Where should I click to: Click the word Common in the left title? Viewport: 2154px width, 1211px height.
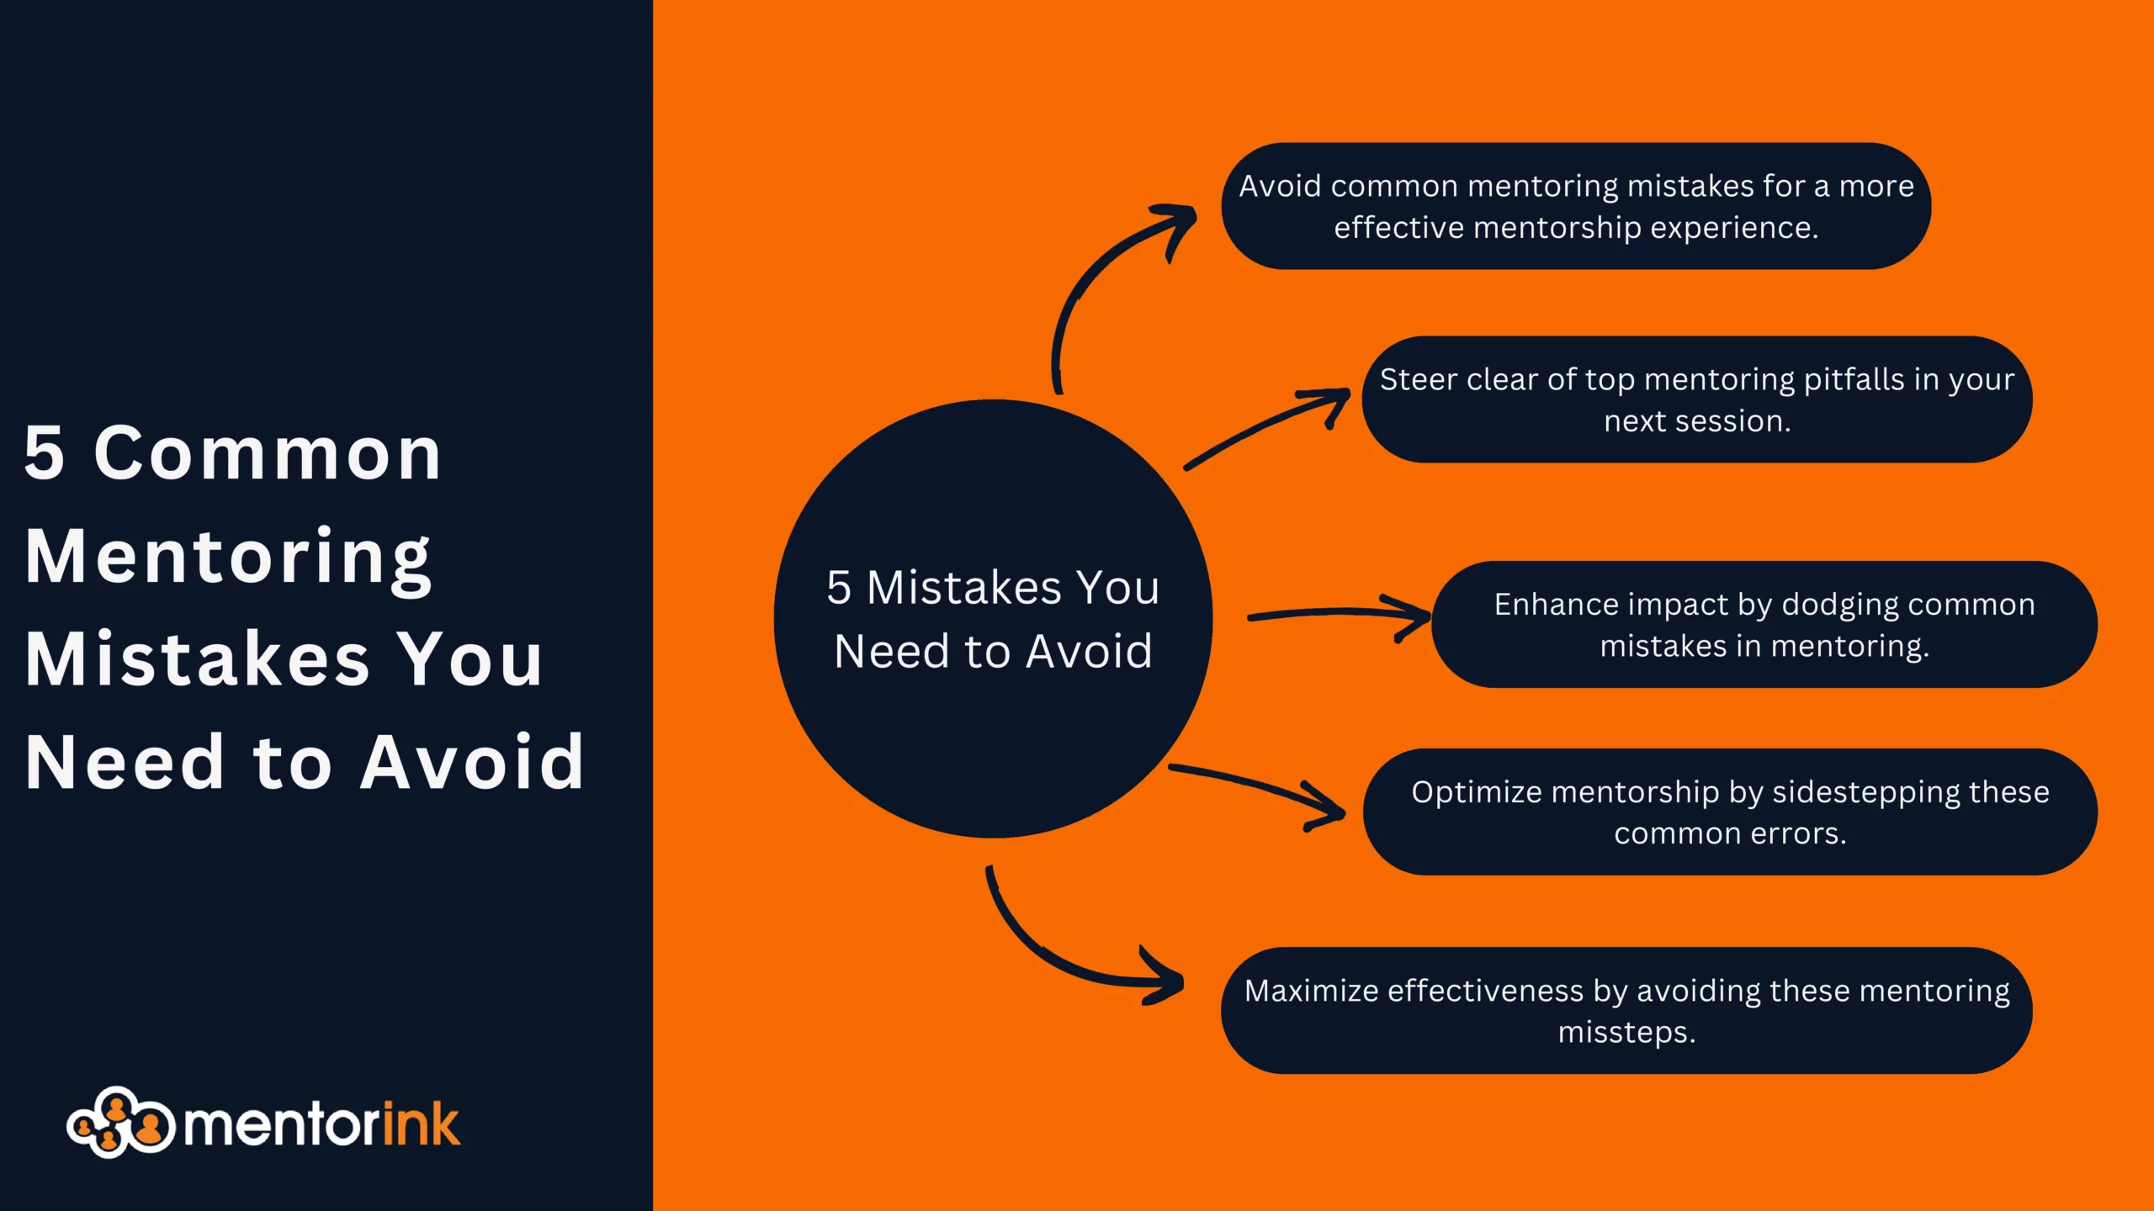point(268,453)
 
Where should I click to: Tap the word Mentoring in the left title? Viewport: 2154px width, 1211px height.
point(229,558)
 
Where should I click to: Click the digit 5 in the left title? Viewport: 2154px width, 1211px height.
point(44,453)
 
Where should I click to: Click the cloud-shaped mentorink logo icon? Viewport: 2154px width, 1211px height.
point(121,1123)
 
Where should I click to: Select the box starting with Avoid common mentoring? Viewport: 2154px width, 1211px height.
point(1576,206)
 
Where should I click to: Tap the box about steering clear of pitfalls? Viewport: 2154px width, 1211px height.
point(1697,399)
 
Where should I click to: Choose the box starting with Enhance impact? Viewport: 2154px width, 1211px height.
point(1764,625)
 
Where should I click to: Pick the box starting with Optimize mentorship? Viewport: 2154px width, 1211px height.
point(1730,812)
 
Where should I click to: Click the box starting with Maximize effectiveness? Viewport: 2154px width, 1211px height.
point(1626,1011)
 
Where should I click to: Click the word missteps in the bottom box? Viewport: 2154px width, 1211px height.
point(1626,1033)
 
